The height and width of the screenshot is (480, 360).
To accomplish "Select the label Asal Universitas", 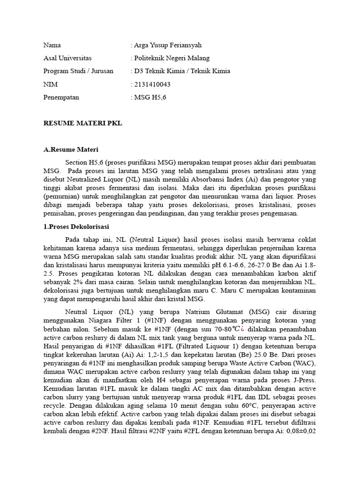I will coord(67,58).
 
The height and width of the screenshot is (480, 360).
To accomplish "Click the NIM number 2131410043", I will coord(152,84).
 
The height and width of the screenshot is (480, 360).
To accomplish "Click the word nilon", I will coord(86,330).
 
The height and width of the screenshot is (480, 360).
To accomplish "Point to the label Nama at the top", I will coord(52,45).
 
